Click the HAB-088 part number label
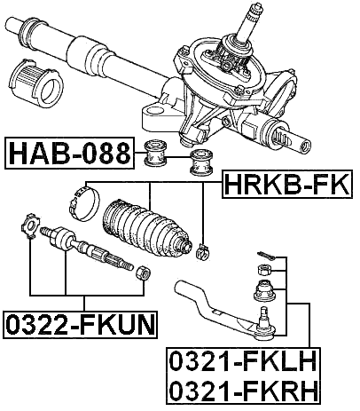tap(70, 154)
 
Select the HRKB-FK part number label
tap(283, 186)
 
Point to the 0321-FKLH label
tap(244, 364)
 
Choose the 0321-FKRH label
tap(244, 391)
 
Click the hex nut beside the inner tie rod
tap(141, 271)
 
